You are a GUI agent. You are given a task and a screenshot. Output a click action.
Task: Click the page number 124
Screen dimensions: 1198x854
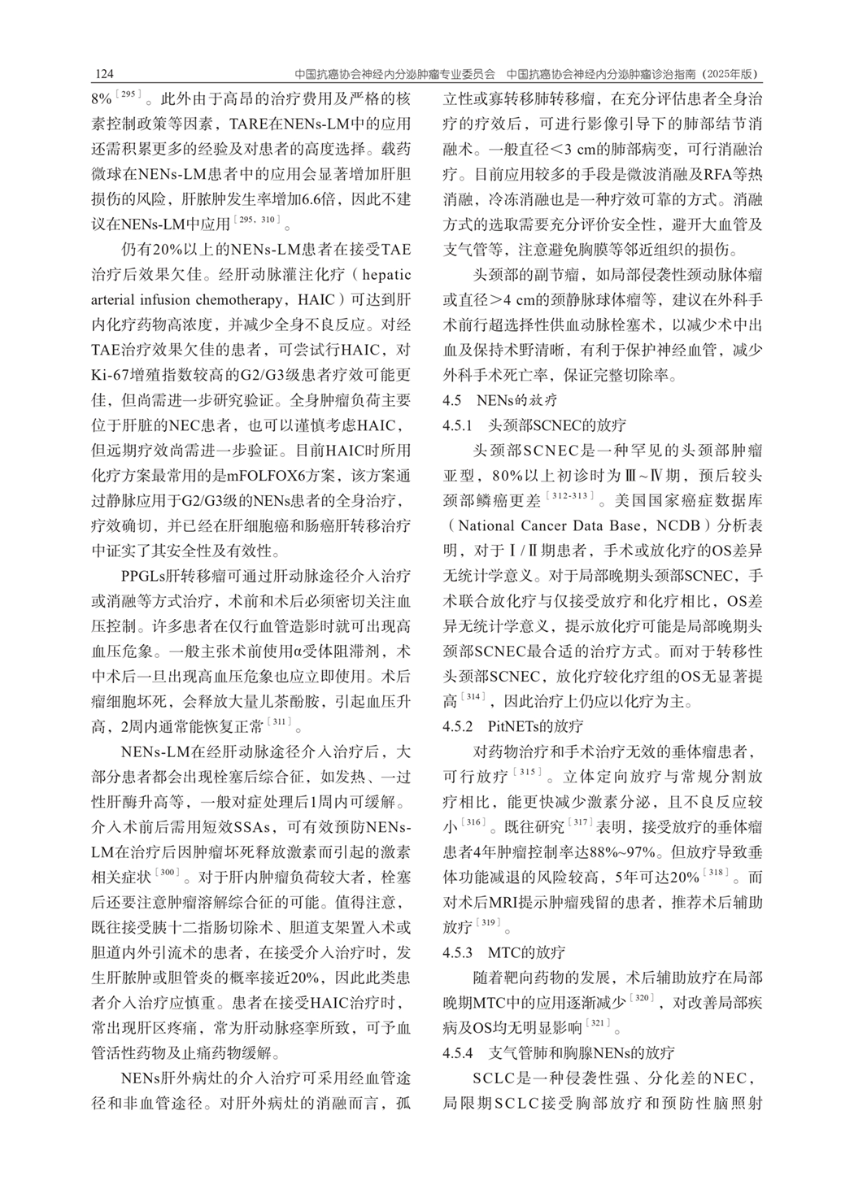pos(103,74)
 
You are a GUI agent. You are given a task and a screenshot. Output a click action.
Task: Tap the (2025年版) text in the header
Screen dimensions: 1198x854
pos(730,74)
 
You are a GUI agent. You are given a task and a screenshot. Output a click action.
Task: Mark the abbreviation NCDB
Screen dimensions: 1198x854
pos(686,526)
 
